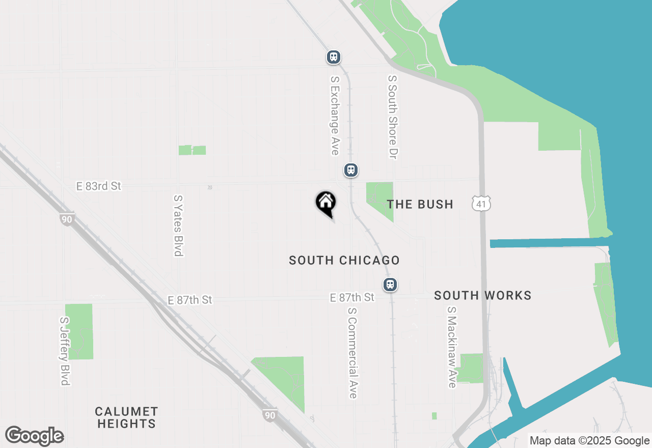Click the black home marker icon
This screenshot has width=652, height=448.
tap(325, 203)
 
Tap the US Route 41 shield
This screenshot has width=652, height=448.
tap(481, 204)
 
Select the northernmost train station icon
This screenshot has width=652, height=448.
tap(333, 57)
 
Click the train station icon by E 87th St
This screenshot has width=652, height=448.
tap(390, 284)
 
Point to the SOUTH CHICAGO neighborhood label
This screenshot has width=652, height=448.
tap(344, 260)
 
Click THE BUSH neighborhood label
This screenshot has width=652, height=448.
tap(420, 204)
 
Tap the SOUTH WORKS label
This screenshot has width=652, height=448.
tap(482, 295)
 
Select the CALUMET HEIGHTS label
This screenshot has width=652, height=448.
tap(126, 417)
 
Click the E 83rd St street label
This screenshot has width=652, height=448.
tap(99, 186)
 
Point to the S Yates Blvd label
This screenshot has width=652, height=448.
tap(178, 225)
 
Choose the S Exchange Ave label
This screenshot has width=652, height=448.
tap(335, 116)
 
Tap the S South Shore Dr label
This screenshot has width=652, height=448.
tap(392, 117)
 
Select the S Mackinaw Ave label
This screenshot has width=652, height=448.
tap(451, 347)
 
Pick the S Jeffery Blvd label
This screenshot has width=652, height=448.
tap(65, 351)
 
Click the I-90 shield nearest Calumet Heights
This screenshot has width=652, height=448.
tap(270, 414)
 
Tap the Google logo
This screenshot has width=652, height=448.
tap(34, 436)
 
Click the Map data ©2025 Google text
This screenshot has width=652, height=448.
tap(589, 441)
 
